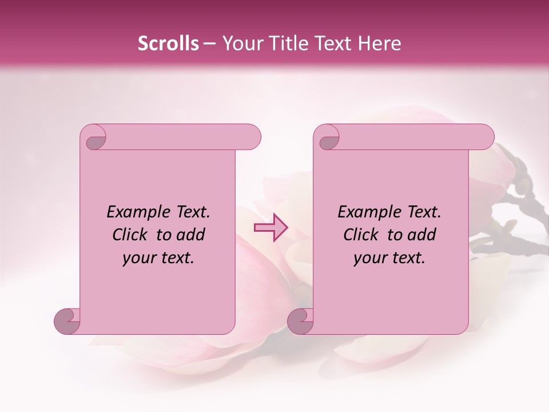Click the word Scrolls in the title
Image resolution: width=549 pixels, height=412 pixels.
point(168,43)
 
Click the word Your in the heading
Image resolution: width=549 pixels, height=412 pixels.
point(241,43)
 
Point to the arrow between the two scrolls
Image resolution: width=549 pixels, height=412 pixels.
point(270,228)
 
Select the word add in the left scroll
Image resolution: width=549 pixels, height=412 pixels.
point(192,235)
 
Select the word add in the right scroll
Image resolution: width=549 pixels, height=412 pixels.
point(423,235)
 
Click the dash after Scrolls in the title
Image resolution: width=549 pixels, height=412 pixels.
point(209,44)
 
